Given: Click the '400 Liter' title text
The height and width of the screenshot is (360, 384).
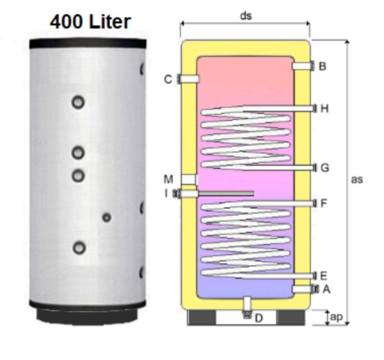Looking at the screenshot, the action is tap(90, 22).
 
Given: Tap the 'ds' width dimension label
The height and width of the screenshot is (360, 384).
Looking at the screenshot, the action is tap(246, 16).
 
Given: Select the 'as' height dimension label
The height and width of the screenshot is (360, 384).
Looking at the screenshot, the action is tap(357, 179).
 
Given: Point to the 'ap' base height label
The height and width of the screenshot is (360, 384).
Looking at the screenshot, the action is tap(336, 317).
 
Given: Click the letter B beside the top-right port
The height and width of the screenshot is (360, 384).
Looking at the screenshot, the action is tap(323, 66).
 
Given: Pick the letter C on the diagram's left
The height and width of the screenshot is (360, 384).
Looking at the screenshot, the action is tap(168, 79).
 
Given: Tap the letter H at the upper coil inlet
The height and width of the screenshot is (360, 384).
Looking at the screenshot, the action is tap(324, 109).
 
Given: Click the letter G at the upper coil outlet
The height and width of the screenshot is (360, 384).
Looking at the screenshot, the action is tap(325, 168).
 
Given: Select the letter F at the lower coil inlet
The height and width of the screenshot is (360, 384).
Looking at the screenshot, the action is tap(324, 203).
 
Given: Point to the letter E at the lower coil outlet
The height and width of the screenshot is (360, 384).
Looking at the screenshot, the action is tap(324, 276).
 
